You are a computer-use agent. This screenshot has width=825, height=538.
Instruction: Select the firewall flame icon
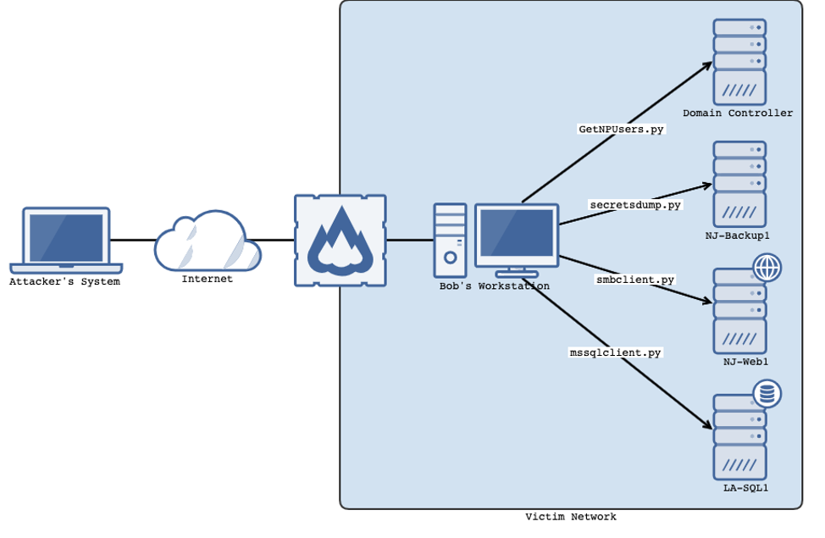coord(340,241)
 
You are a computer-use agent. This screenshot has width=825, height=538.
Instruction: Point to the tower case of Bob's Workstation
coord(450,241)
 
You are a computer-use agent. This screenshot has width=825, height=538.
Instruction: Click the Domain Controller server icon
coord(739,61)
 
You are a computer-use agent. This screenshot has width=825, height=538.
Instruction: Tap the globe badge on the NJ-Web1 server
coord(767,269)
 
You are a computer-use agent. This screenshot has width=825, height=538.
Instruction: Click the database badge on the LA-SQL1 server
coord(767,394)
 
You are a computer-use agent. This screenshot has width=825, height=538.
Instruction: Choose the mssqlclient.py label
coord(615,352)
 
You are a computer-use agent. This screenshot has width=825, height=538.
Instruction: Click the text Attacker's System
coord(64,282)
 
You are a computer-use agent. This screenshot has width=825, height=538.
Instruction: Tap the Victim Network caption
coord(570,517)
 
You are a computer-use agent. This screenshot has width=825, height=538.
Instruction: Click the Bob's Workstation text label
coord(494,286)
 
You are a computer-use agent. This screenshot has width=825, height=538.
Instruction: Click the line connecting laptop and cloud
coord(132,241)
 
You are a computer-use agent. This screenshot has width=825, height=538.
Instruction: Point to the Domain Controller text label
coord(738,114)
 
